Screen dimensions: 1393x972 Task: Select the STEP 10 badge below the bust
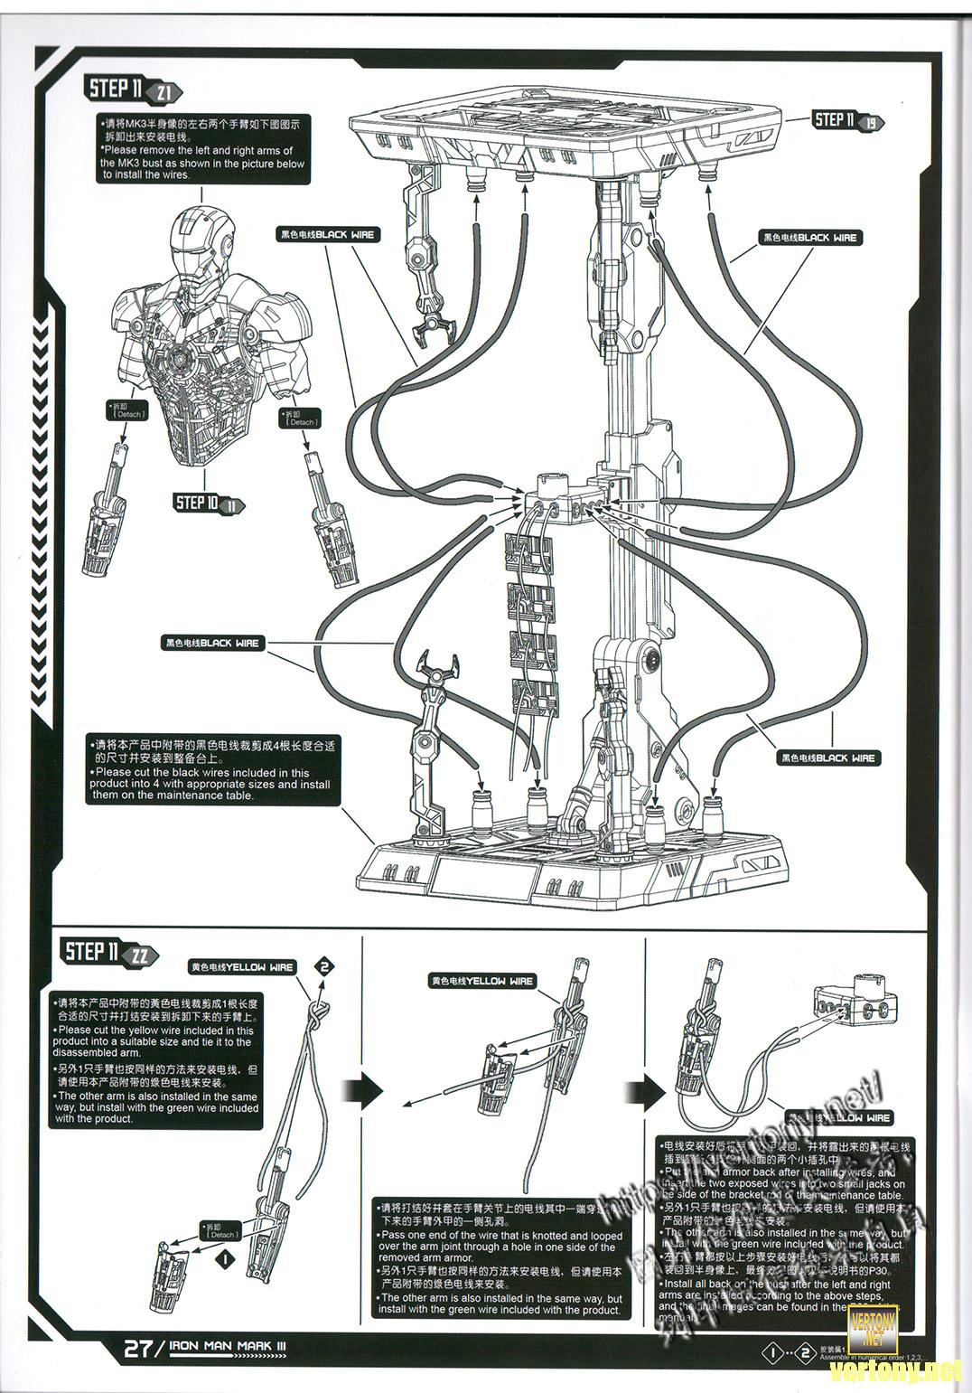(209, 503)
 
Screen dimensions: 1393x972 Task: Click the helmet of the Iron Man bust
(201, 237)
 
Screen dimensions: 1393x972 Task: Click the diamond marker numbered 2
(324, 966)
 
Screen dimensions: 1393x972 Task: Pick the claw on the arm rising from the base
(438, 670)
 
